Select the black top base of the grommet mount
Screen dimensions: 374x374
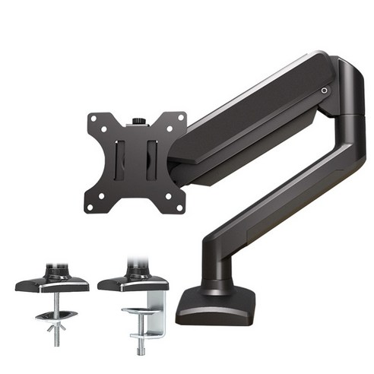coord(51,284)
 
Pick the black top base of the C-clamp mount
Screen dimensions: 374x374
coord(132,283)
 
